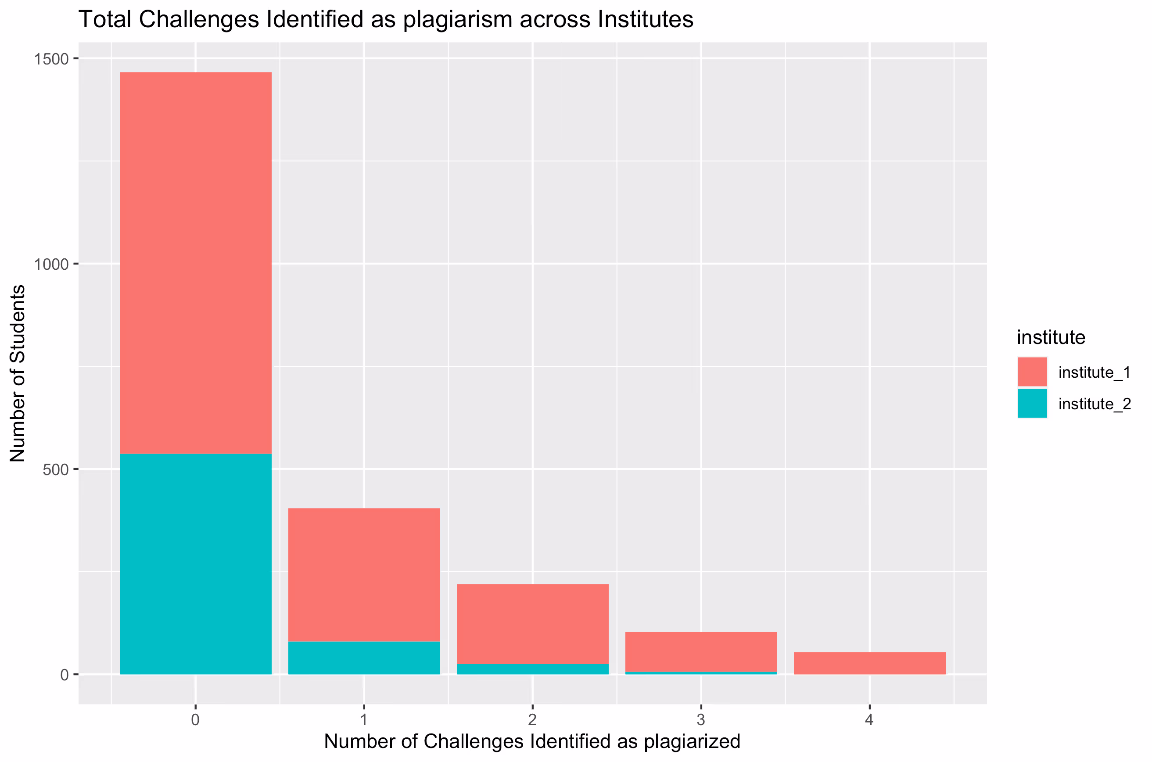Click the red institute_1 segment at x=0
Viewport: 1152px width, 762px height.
coord(195,262)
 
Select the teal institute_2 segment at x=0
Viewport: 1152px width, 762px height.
coord(195,564)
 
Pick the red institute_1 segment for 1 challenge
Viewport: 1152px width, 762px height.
coord(364,574)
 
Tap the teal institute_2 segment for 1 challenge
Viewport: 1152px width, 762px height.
coord(364,658)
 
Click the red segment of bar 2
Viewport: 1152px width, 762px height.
coord(532,623)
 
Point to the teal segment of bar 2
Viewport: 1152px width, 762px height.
coord(532,669)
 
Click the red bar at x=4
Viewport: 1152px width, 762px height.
coord(869,663)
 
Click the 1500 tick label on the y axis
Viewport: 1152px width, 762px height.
coord(51,59)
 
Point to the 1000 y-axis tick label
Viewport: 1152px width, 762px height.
coord(51,265)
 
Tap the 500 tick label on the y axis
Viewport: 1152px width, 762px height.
coord(55,470)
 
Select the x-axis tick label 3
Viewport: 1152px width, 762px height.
coord(700,720)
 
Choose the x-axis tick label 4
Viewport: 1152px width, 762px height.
coord(869,720)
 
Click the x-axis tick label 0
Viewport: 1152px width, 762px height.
coord(195,720)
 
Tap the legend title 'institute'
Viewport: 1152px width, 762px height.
coord(1051,337)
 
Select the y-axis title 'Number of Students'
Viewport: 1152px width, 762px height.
coord(18,373)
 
